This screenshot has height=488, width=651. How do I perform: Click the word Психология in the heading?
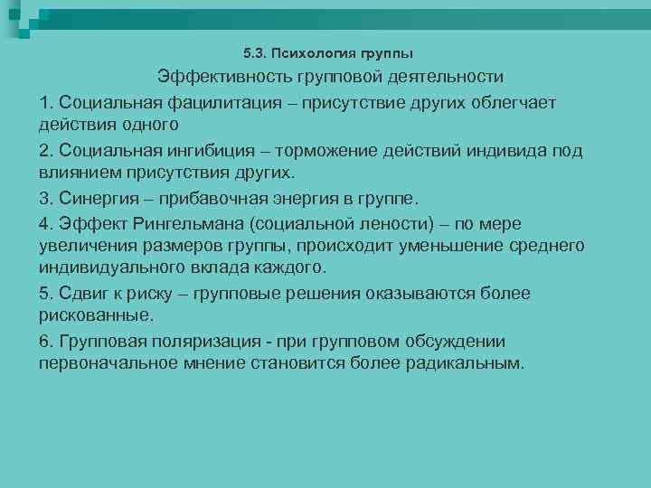(311, 53)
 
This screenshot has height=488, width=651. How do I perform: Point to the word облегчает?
(514, 102)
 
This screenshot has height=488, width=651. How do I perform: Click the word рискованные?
(95, 316)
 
